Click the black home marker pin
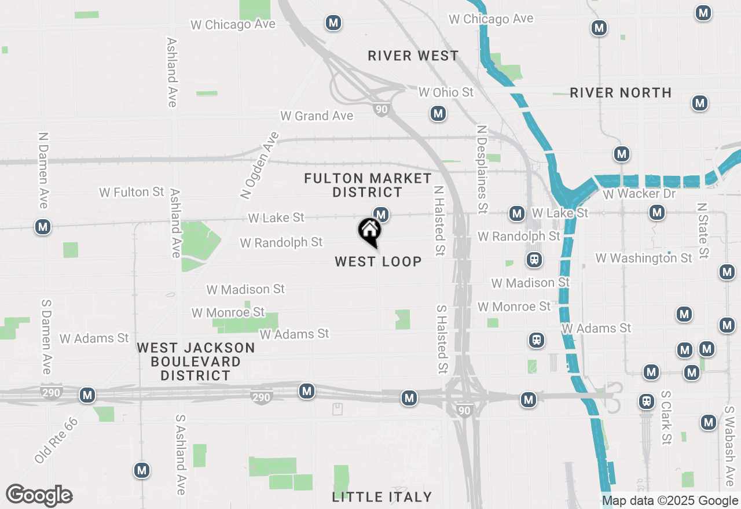coord(369,232)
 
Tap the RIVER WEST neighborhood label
coord(413,56)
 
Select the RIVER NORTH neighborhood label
coord(621,93)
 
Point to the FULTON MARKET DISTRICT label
coord(368,185)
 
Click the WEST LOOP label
coord(378,262)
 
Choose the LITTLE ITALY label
coord(382,497)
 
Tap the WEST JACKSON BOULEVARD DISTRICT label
coord(196,362)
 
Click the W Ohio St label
coord(446,93)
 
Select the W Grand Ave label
coord(317,116)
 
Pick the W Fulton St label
coord(132,192)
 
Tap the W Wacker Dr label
coord(639,194)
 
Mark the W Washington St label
coord(644,258)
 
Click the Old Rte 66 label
coord(56,440)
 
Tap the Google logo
coord(39,496)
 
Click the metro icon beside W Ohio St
coord(438,113)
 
